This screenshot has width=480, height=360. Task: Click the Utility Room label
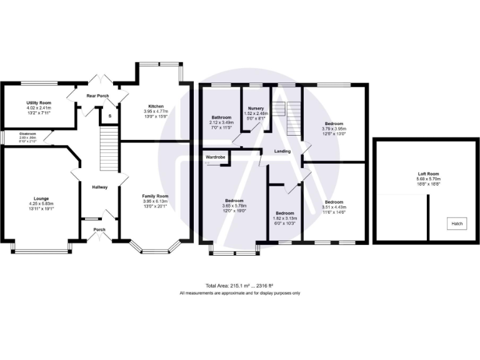[x=39, y=102]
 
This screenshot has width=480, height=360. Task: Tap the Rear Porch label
[x=97, y=96]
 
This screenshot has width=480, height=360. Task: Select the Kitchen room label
[x=156, y=106]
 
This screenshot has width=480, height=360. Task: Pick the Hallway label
[x=100, y=187]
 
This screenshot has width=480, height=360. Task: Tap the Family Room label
[x=156, y=196]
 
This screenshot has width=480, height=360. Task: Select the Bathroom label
[x=222, y=117]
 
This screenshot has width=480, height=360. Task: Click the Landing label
[x=282, y=151]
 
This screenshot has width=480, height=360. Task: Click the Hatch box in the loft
[x=457, y=223]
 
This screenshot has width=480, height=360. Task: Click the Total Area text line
[x=240, y=286]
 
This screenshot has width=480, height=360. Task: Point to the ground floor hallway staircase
[x=109, y=151]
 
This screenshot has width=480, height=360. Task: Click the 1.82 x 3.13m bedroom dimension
[x=285, y=218]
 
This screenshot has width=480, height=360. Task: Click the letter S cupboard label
[x=111, y=116]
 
